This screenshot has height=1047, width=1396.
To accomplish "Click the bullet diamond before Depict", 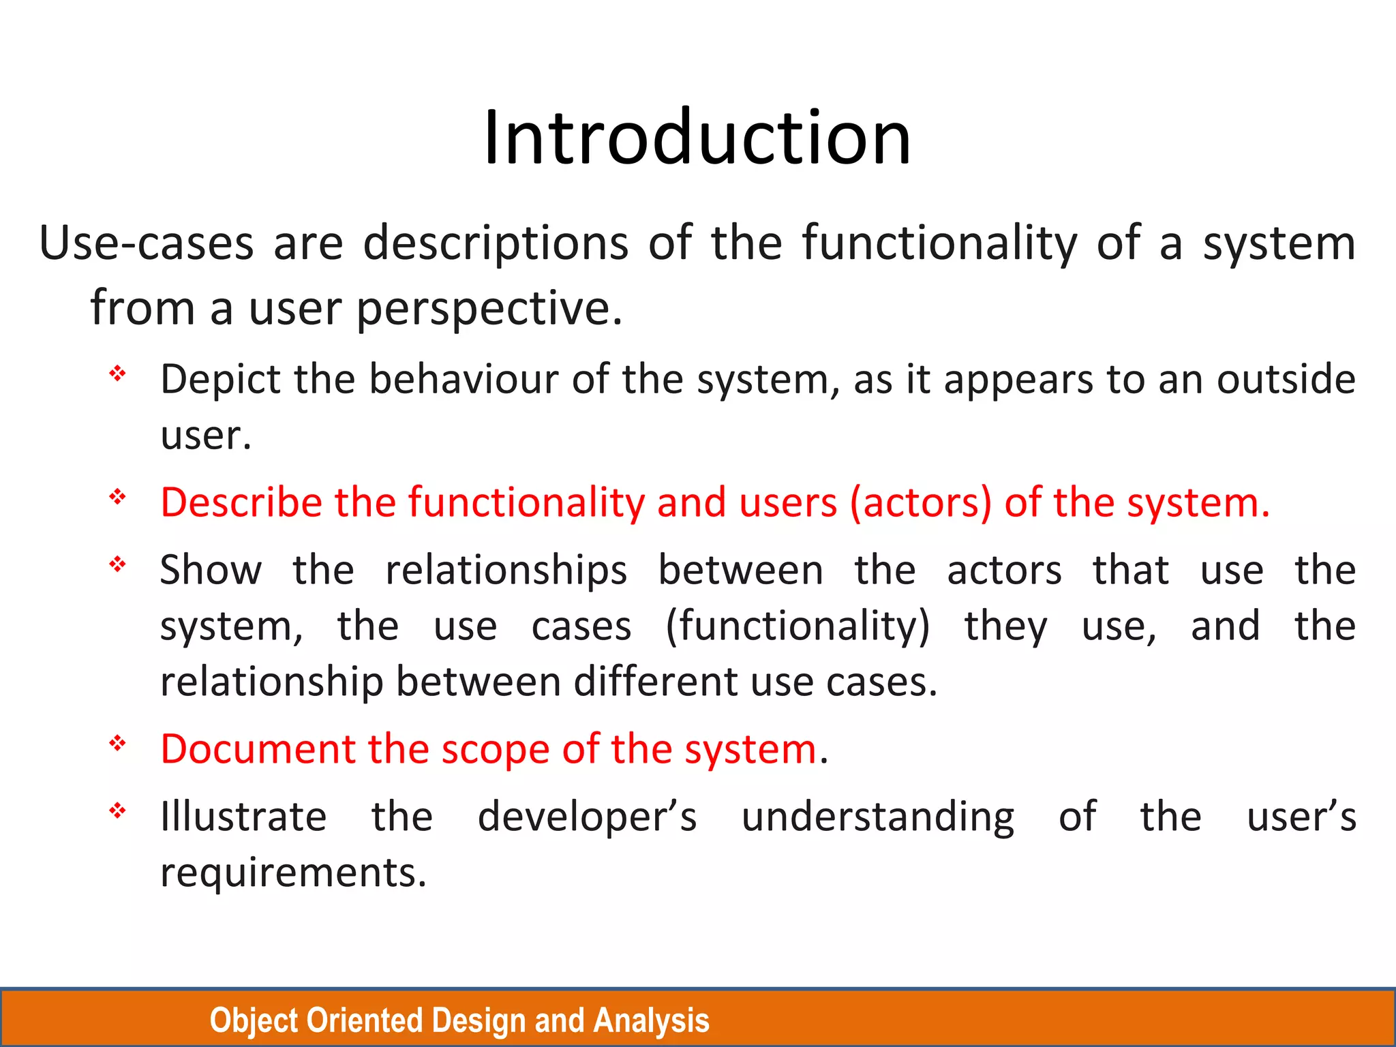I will pos(118,373).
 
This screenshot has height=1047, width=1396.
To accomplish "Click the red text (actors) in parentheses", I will pos(920,503).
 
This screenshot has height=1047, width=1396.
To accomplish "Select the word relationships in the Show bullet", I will pos(506,570).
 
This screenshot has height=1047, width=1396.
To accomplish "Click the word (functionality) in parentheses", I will pos(798,626).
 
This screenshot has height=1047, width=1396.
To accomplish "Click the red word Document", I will pos(258,749).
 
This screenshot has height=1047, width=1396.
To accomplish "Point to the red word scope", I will pos(496,749).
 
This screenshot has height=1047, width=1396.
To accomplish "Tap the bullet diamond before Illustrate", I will pos(118,810).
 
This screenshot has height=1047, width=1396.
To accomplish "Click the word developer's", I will pos(587,817).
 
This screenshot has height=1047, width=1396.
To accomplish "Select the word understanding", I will pos(878,817).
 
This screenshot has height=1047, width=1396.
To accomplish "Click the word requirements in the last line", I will pos(293,872).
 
